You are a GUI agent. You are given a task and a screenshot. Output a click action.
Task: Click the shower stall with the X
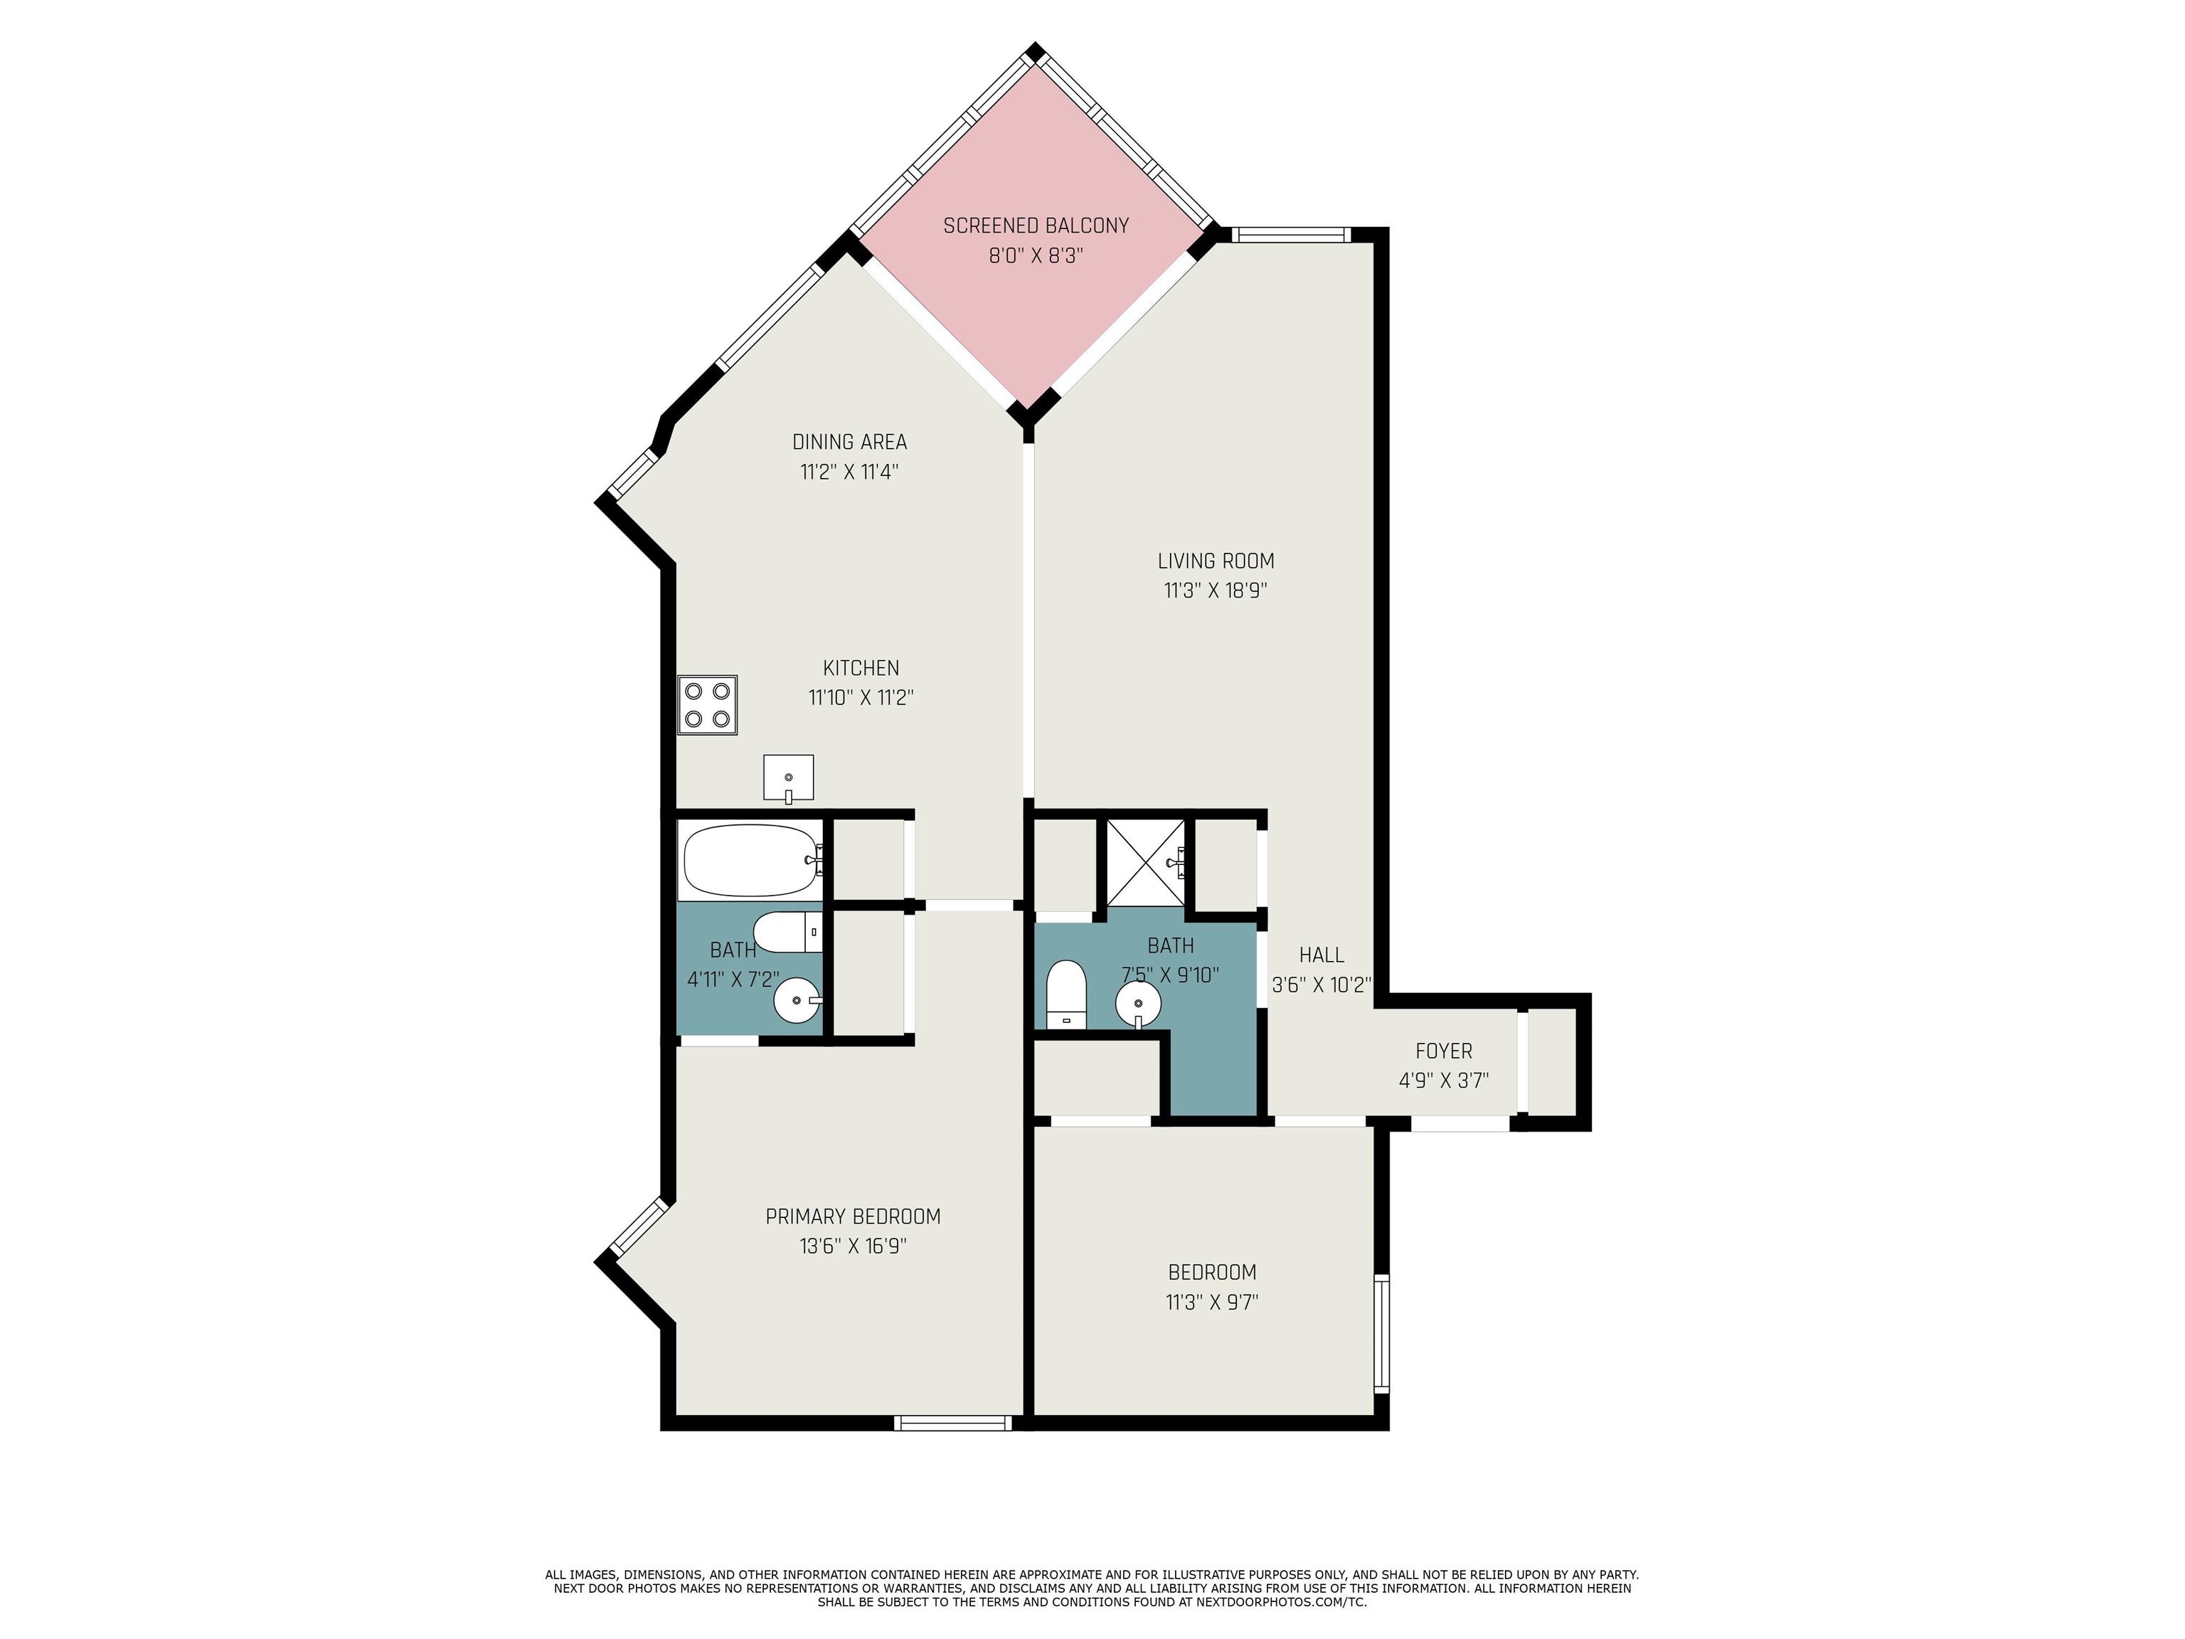tap(1146, 862)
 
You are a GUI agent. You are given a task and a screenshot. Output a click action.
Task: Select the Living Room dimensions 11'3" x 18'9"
tap(1216, 590)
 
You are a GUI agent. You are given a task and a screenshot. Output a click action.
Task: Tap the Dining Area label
tap(849, 442)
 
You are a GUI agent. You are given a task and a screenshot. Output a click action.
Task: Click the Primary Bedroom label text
tap(854, 1216)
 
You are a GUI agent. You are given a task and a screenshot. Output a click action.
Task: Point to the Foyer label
tap(1443, 1051)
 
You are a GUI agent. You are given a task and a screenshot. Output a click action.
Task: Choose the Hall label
tap(1322, 955)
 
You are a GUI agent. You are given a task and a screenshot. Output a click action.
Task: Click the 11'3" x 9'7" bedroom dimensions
tap(1212, 1302)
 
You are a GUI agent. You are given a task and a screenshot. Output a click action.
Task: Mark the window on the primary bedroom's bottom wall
tap(953, 1423)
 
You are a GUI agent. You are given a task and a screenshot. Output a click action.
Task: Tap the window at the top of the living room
tap(1291, 235)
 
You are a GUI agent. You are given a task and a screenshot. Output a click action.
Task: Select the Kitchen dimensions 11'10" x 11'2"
tap(861, 697)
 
